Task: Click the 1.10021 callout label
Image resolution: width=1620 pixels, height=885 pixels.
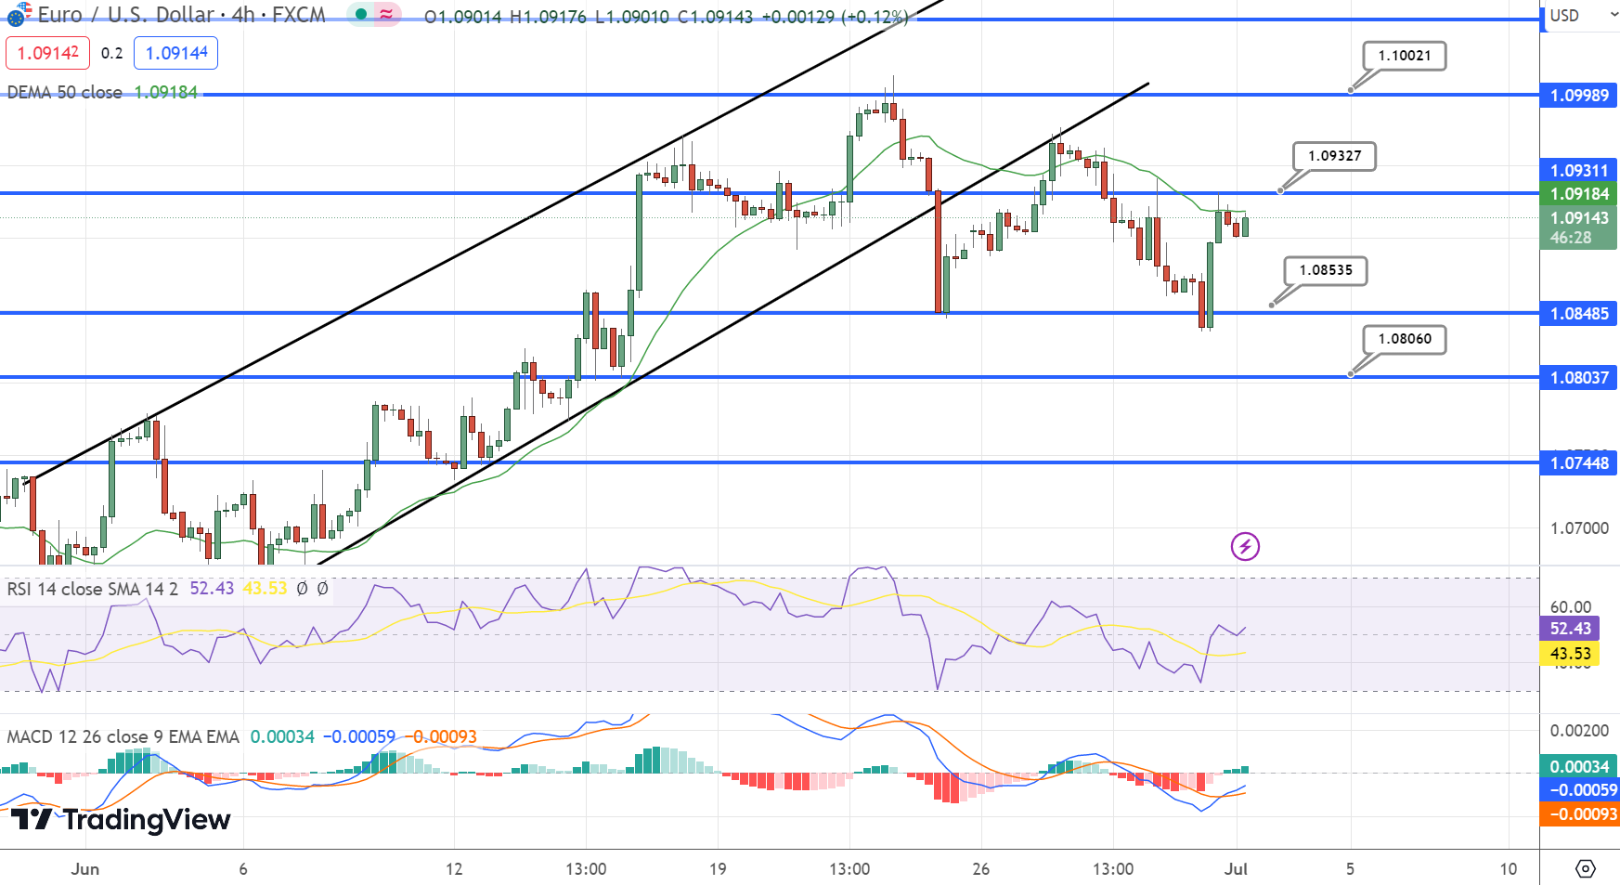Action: coord(1404,56)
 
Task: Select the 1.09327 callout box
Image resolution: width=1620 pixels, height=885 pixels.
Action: coord(1334,156)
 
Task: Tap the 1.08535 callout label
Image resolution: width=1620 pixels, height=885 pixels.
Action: coord(1326,270)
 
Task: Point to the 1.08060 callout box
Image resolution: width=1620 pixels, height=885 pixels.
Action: coord(1404,339)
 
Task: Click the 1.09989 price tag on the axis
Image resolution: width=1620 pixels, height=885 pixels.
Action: coord(1579,96)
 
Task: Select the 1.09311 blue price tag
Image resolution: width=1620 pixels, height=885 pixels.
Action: coord(1579,171)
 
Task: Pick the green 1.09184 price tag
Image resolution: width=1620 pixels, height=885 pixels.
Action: coord(1579,194)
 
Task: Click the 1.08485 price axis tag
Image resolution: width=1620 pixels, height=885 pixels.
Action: coord(1579,314)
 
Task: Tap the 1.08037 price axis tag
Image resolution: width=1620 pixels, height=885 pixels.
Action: coord(1579,378)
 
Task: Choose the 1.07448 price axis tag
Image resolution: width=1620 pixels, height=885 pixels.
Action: coord(1579,463)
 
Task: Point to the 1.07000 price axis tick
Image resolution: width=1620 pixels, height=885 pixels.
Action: coord(1579,528)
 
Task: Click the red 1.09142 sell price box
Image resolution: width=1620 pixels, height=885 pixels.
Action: coord(47,53)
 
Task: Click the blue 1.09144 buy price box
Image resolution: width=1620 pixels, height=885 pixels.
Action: coord(175,53)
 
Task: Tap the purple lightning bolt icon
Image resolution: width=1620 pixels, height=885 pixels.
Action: coord(1245,546)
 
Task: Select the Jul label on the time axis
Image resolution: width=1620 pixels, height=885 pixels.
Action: coord(1236,869)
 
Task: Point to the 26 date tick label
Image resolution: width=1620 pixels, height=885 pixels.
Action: coord(981,869)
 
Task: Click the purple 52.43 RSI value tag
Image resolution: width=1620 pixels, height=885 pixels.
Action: coord(1570,629)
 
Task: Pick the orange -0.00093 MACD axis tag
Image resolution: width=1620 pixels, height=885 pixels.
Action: coord(1579,814)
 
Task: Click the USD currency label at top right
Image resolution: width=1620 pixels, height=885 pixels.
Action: coord(1564,16)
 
